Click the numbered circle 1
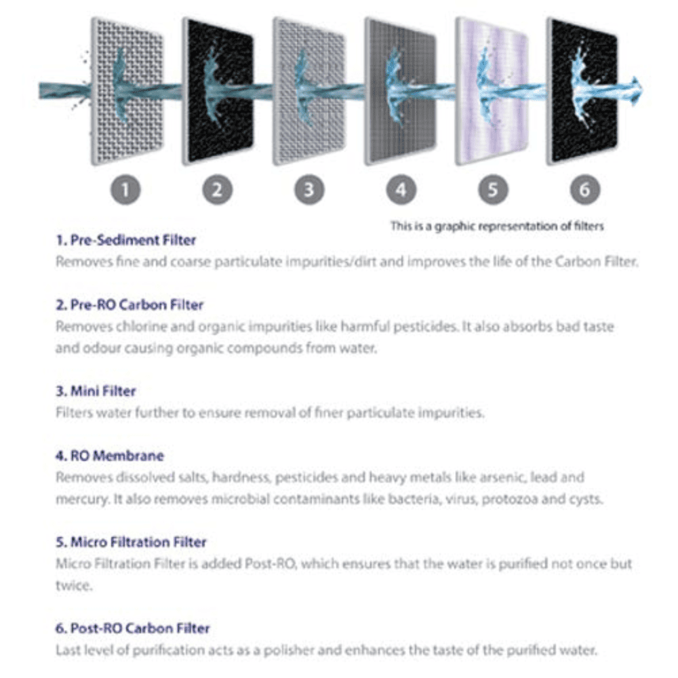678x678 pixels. pyautogui.click(x=125, y=190)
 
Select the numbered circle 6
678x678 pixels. pyautogui.click(x=584, y=190)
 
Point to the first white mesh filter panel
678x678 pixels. pyautogui.click(x=127, y=92)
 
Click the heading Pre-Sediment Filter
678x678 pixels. pyautogui.click(x=125, y=240)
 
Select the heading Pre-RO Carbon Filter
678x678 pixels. pyautogui.click(x=129, y=305)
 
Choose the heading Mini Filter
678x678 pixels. pyautogui.click(x=96, y=391)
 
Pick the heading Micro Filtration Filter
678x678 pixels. pyautogui.click(x=130, y=542)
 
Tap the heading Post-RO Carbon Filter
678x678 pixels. pyautogui.click(x=132, y=629)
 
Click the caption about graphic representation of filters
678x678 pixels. pyautogui.click(x=496, y=226)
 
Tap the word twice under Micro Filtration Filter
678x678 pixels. pyautogui.click(x=73, y=585)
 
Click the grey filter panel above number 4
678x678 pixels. pyautogui.click(x=401, y=92)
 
